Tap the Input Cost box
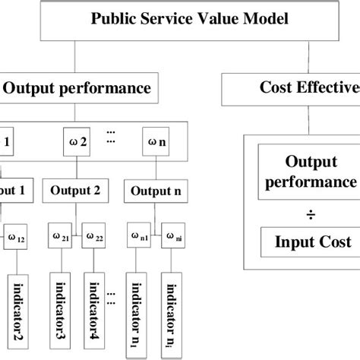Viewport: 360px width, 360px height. point(308,242)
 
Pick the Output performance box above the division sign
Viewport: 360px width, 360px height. point(308,172)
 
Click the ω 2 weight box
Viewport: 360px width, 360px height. point(77,141)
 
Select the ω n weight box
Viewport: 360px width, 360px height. point(153,141)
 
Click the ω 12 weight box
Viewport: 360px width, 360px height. point(18,238)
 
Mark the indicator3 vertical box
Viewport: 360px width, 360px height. point(60,311)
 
